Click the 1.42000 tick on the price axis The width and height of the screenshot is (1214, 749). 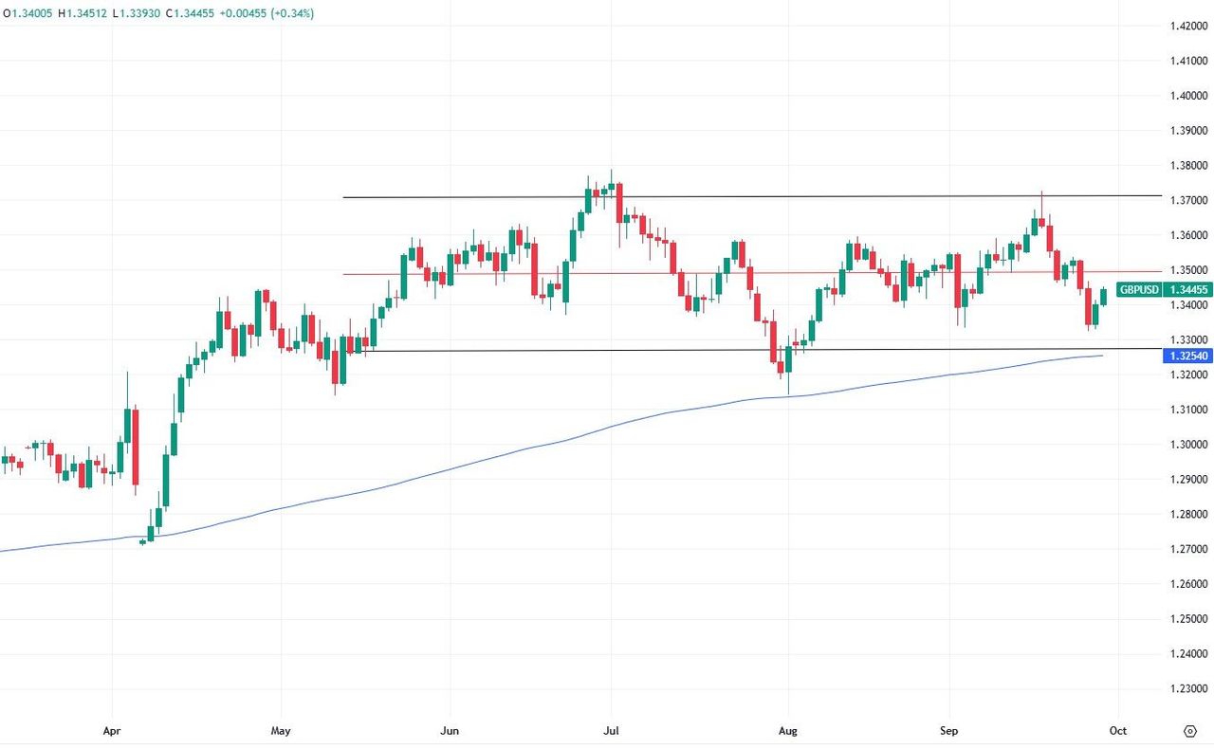coord(1187,27)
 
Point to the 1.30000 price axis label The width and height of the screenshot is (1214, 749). coord(1187,445)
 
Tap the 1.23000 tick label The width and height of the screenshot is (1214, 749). coord(1187,689)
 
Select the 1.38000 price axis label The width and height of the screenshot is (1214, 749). coord(1187,166)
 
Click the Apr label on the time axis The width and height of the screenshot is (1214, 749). coord(113,730)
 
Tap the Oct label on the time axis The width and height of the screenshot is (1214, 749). coord(1118,730)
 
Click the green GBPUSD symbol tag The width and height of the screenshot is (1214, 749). coord(1139,290)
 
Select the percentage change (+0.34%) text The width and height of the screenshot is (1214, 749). coord(292,14)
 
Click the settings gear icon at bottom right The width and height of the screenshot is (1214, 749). coord(1189,730)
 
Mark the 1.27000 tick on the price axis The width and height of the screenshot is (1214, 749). coord(1187,550)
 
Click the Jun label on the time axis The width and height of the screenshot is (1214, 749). coord(450,730)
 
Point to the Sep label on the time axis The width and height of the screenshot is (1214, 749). coord(949,730)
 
